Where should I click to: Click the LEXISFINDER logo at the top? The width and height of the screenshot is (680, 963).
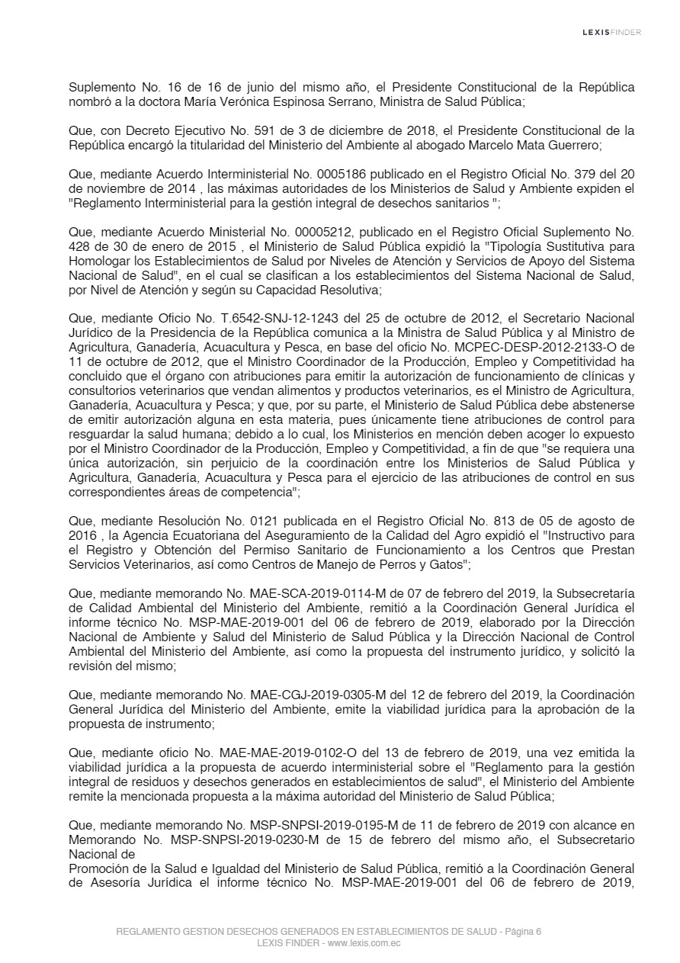(611, 32)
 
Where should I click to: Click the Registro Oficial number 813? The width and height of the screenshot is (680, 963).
(530, 521)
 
